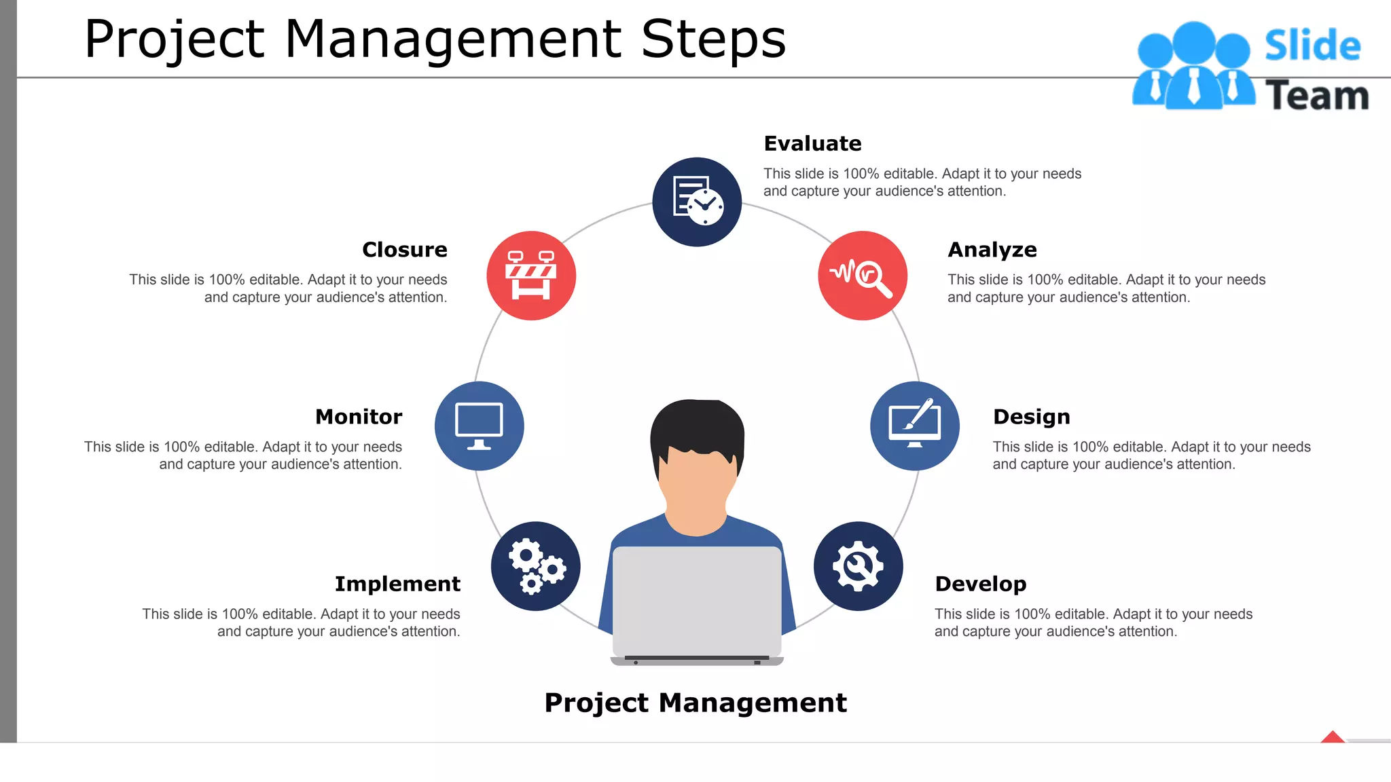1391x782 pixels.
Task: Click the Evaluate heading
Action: coord(812,144)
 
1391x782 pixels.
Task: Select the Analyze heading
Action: coord(992,250)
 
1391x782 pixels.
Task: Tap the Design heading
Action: coord(1031,417)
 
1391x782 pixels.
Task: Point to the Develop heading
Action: coord(980,584)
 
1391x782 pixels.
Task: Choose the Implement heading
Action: coord(397,584)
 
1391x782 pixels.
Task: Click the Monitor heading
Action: coord(359,417)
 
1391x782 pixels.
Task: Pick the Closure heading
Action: coord(405,250)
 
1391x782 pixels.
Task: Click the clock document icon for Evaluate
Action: coord(697,202)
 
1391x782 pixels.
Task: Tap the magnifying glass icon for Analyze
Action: coord(863,276)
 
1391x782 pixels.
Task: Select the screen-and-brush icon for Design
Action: coord(915,426)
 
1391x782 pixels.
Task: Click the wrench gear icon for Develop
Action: coord(859,566)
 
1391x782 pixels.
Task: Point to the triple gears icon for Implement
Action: coord(536,566)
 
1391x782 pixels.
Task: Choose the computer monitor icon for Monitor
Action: coord(480,426)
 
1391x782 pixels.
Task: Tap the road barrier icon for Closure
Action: coord(531,276)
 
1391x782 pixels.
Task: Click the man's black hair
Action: coord(697,424)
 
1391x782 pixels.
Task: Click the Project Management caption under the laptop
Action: coord(695,703)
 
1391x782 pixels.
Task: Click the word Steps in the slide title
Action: coord(713,39)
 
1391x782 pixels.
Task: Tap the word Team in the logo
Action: coord(1316,96)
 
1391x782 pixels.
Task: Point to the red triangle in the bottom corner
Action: coord(1333,737)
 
